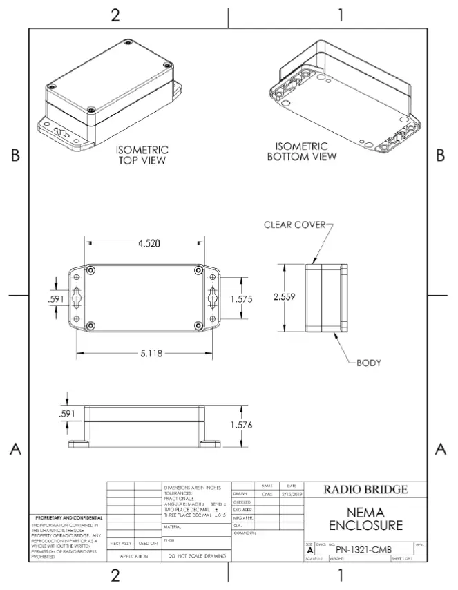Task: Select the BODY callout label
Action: pos(369,362)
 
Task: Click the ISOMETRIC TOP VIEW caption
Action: pos(142,155)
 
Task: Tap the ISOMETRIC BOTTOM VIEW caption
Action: pos(302,151)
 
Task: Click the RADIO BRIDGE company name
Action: pos(365,490)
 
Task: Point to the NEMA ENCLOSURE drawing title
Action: pos(365,518)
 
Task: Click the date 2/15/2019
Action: pos(291,494)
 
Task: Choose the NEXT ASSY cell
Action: pos(121,543)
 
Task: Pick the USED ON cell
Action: pos(148,543)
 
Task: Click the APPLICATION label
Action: pos(134,555)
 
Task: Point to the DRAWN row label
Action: pos(240,494)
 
